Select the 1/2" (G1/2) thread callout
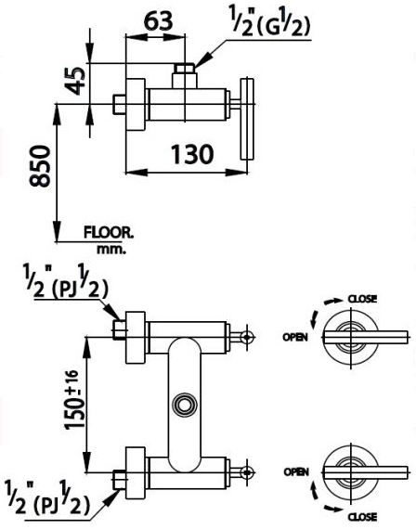pos(269,22)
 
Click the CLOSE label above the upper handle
pos(361,299)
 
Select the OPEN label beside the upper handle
pos(294,338)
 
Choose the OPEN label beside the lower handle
pos(294,472)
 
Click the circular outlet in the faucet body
pos(185,405)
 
